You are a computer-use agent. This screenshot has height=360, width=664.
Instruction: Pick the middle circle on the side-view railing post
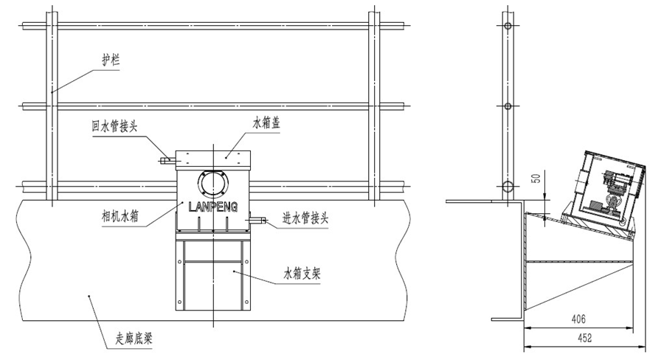(x=507, y=106)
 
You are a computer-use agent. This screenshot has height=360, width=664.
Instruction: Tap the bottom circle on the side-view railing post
(x=507, y=185)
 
